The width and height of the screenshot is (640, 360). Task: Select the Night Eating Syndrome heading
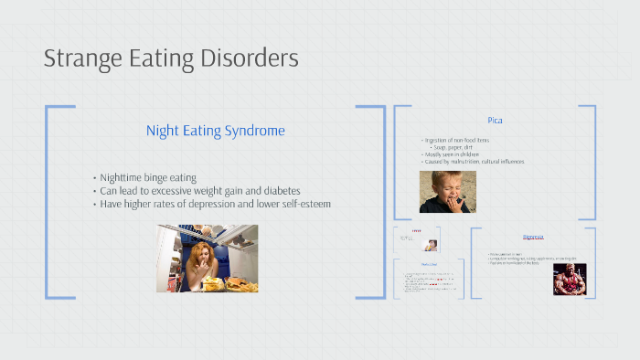click(215, 131)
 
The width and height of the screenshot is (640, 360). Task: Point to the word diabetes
click(275, 190)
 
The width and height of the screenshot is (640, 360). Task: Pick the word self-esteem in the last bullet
click(299, 204)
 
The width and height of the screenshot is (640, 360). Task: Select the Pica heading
click(495, 120)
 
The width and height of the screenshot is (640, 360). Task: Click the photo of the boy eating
click(447, 192)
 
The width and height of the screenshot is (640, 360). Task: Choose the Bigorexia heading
click(533, 237)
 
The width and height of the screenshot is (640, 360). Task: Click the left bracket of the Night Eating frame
click(48, 201)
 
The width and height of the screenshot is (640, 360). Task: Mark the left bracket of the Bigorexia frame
click(472, 265)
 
